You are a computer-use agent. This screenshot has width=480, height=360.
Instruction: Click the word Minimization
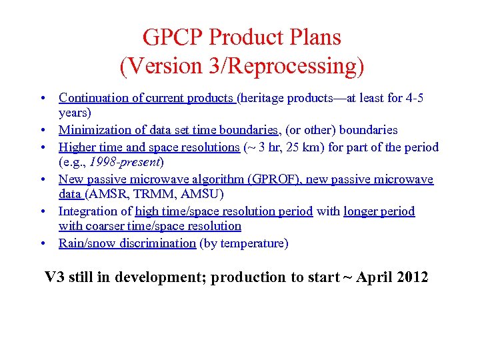(x=93, y=130)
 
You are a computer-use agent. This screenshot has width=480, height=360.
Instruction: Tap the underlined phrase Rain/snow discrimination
(x=127, y=243)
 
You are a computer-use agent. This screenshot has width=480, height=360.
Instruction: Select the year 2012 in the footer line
(x=411, y=277)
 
